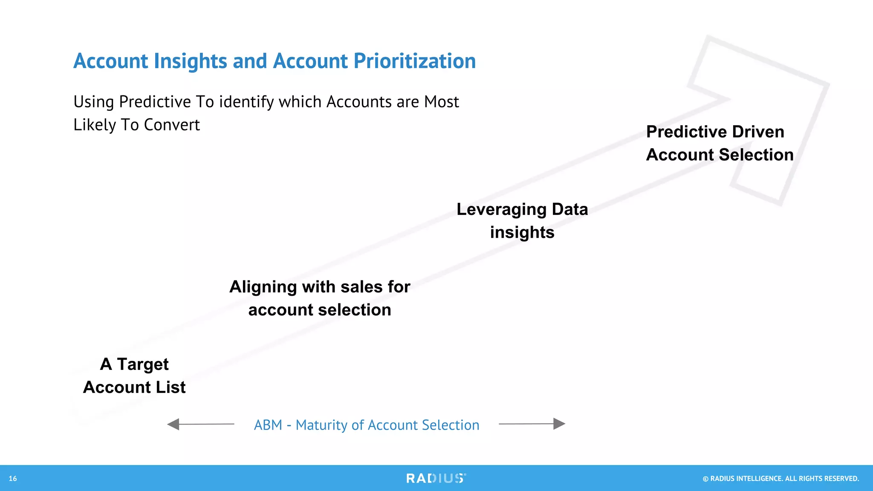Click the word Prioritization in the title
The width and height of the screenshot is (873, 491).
(x=414, y=61)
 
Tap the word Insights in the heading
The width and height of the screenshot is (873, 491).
(x=190, y=61)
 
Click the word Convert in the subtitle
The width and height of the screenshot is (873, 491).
(x=172, y=125)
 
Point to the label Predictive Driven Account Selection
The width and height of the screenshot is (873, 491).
(x=720, y=143)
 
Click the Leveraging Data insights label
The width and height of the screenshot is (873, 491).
(x=522, y=221)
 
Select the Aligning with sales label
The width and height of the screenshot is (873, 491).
(x=320, y=298)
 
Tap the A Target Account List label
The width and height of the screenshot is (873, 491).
(x=134, y=375)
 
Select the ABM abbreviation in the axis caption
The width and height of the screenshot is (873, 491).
(x=268, y=425)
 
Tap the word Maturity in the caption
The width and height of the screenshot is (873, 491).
(x=321, y=425)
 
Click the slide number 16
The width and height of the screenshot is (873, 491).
(x=13, y=479)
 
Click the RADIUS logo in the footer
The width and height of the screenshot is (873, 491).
(x=436, y=478)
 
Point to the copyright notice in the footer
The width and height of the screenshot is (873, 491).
(x=780, y=479)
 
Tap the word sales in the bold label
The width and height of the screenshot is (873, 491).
(x=364, y=287)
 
